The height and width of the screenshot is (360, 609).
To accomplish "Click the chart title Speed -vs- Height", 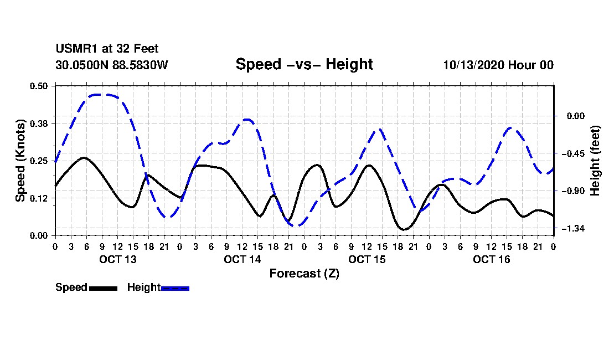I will pos(304,64).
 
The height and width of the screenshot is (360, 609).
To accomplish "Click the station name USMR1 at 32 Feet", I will pos(107,49).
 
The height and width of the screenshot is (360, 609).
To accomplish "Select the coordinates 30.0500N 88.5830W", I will pos(111,65).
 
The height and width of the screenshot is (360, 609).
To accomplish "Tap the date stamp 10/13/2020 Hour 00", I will pos(498,65).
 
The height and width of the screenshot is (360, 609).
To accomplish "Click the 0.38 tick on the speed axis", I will pos(39,123).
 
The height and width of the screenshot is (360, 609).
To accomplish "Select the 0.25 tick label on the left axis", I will pos(39,160).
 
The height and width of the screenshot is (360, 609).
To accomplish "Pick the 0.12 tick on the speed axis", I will pos(39,198).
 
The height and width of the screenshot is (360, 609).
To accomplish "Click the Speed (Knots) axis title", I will pos(20,160).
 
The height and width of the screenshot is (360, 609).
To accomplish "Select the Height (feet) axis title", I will pos(596,160).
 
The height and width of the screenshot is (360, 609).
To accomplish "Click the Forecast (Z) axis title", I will pos(304,274).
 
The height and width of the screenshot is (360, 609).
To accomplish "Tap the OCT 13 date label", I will pos(118,259).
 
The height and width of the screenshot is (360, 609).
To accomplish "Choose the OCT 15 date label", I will pos(367,259).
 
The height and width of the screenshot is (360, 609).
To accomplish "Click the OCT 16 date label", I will pos(492,259).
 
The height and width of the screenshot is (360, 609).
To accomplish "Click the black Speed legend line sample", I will pos(103,288).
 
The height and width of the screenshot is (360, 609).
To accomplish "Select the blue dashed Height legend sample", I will pos(175,288).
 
